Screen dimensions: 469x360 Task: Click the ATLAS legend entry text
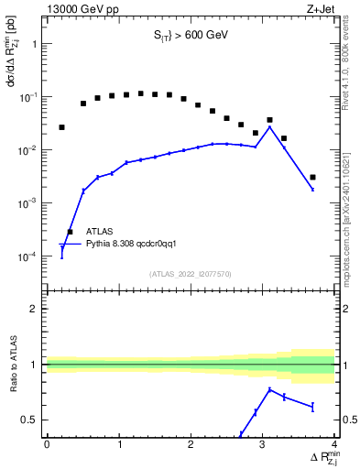point(100,232)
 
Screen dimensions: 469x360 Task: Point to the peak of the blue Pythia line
point(269,127)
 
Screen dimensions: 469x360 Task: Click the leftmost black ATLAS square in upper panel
point(61,127)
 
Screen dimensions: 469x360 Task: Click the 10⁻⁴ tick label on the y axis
point(29,256)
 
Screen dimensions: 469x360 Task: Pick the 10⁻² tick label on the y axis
point(29,150)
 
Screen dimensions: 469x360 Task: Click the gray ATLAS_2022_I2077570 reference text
point(191,274)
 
